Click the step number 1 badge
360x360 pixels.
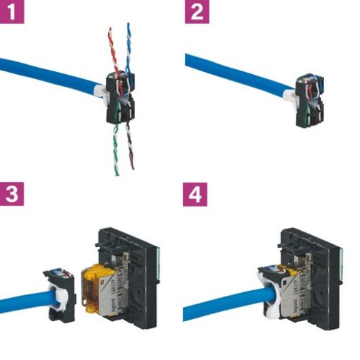(12, 12)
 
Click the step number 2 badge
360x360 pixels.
(196, 12)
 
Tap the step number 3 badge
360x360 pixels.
(12, 194)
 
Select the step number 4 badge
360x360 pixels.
(196, 194)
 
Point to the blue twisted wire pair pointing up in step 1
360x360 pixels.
(129, 42)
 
